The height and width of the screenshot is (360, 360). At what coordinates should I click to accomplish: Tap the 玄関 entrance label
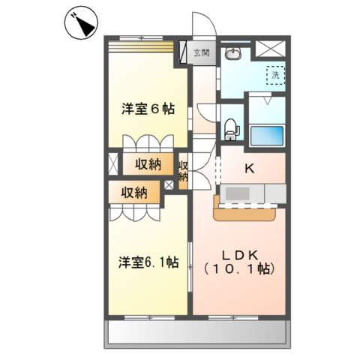[201, 52]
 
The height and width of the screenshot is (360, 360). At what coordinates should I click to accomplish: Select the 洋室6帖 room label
[148, 109]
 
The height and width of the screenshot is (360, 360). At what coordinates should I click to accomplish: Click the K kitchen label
[250, 169]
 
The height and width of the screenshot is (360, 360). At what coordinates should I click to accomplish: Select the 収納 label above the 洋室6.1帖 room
[136, 193]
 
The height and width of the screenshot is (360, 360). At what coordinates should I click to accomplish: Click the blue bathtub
[267, 136]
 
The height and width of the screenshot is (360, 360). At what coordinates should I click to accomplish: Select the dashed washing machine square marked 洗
[275, 76]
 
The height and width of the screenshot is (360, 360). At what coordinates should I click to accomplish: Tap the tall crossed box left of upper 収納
[113, 165]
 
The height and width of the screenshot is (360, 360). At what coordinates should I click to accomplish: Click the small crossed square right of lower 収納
[169, 184]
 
